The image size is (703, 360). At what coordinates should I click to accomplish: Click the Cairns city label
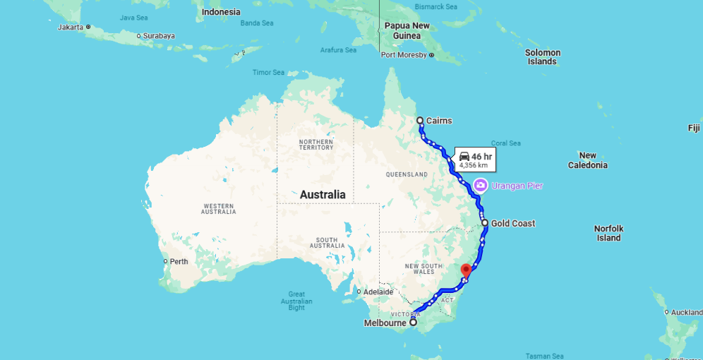pos(439,121)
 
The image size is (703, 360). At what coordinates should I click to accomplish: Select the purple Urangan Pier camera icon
pos(480,185)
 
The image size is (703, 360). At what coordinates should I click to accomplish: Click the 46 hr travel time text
pos(482,156)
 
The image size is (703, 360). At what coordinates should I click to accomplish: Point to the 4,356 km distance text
pos(474,165)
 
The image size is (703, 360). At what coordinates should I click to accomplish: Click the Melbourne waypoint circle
pos(414,323)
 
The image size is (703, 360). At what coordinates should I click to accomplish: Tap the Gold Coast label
pos(513,224)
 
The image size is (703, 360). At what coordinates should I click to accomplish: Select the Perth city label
pos(179,261)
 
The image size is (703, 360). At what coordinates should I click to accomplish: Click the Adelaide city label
pos(378,292)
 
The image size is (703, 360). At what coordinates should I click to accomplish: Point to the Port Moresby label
pos(404,55)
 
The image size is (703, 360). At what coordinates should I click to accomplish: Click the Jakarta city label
pos(70,27)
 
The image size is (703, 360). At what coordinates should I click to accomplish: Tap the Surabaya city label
pos(159,35)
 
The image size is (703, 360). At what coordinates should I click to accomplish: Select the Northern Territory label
pos(316,145)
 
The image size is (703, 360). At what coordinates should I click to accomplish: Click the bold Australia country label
pos(323,194)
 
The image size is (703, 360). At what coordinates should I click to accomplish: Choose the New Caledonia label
pos(587,160)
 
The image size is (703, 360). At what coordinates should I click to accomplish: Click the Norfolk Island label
pos(608,233)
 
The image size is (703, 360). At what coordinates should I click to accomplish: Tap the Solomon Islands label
pos(542,56)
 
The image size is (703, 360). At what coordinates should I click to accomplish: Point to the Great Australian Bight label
pos(296,301)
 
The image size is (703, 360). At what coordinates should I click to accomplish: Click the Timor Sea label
pos(268,73)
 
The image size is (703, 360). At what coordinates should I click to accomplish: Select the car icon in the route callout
pos(464,156)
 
